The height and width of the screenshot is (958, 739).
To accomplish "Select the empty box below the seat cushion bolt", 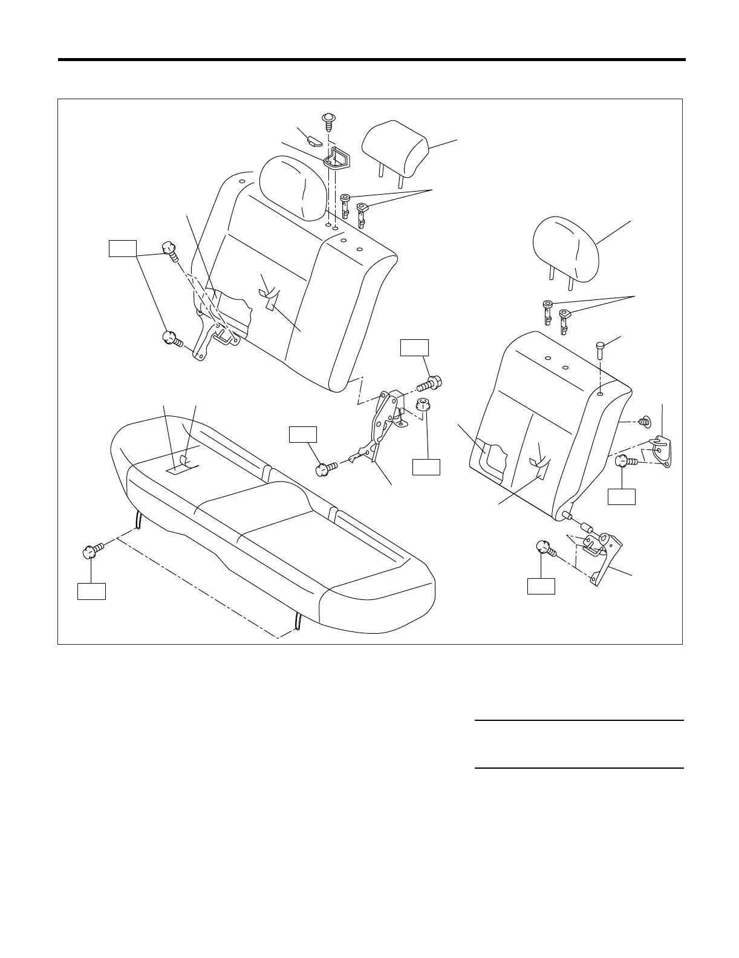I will [x=91, y=591].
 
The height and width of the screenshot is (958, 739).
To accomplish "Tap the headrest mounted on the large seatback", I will [x=293, y=187].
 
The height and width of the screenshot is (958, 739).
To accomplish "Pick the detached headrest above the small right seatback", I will [x=565, y=251].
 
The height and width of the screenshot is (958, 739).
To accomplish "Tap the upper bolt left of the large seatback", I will [x=169, y=250].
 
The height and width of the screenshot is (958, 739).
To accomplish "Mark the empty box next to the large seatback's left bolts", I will [x=123, y=248].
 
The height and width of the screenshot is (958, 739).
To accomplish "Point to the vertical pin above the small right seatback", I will [x=599, y=350].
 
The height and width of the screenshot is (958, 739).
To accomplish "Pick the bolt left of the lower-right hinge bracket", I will [x=546, y=548].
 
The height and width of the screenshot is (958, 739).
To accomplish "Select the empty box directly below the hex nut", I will [x=426, y=466].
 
